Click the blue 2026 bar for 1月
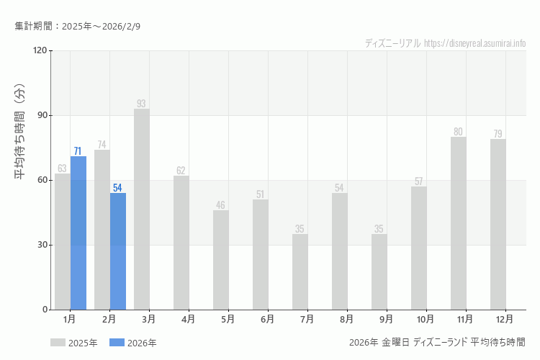(78, 233)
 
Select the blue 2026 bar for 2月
(118, 251)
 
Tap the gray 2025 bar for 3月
(142, 209)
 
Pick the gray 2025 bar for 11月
(459, 223)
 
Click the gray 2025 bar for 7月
(300, 271)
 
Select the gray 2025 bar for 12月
(498, 224)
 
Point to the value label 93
(141, 104)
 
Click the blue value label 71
(78, 151)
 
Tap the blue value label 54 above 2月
(117, 188)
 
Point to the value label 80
(458, 132)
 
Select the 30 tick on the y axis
(42, 245)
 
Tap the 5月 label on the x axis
(228, 319)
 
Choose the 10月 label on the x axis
(426, 319)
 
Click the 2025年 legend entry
(74, 343)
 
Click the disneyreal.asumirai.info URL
(475, 42)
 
